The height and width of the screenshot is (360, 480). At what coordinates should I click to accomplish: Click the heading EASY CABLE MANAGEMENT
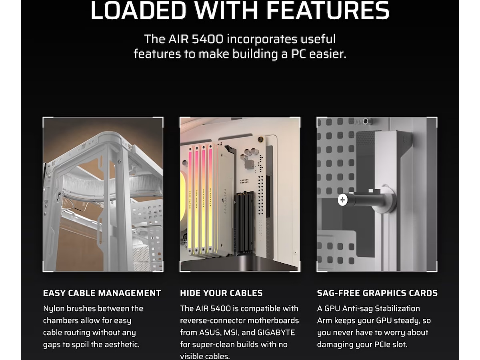click(102, 293)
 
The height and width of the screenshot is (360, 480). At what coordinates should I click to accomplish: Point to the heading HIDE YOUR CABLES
click(221, 293)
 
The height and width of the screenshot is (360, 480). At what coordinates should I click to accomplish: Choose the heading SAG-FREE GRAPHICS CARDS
click(377, 293)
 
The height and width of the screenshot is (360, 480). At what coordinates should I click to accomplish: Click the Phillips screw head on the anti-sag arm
click(342, 200)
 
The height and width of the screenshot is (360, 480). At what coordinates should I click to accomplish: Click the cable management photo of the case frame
click(103, 194)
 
